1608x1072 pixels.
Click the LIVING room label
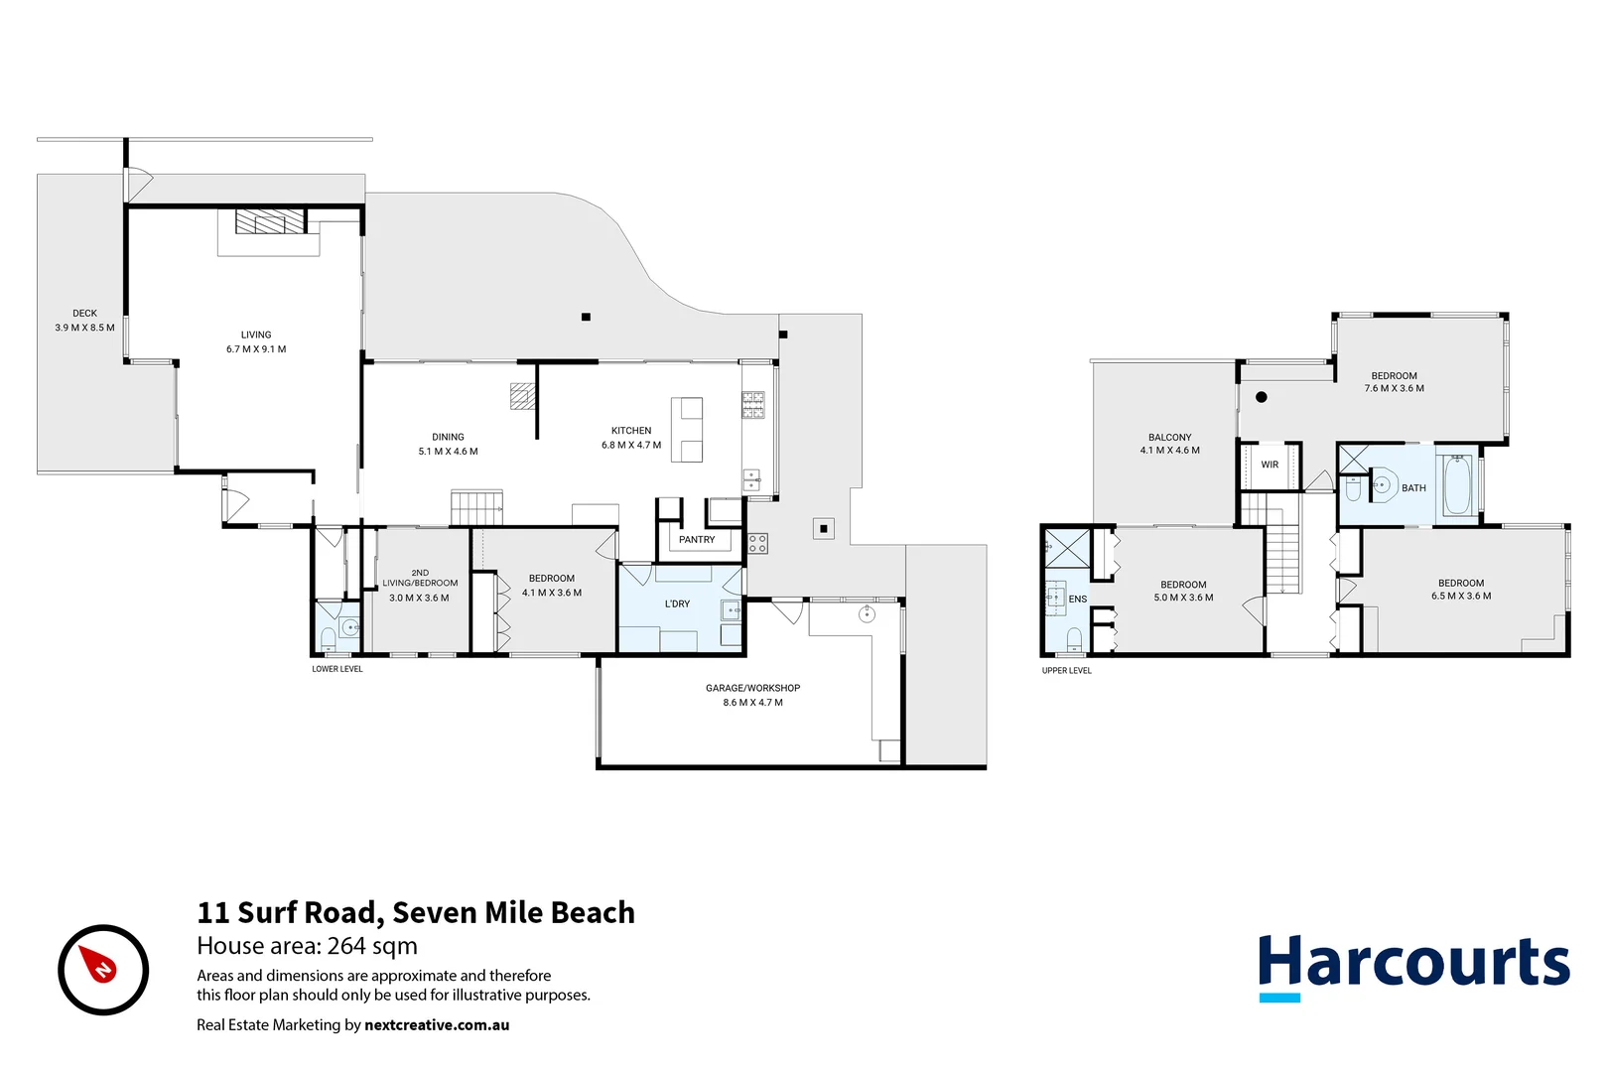pyautogui.click(x=255, y=335)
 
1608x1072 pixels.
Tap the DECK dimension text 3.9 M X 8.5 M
pyautogui.click(x=84, y=328)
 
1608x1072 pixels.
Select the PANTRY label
pyautogui.click(x=697, y=540)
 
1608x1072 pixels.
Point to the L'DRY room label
pyautogui.click(x=677, y=603)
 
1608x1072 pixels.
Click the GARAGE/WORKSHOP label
pyautogui.click(x=752, y=688)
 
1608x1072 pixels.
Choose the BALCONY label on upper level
pyautogui.click(x=1169, y=437)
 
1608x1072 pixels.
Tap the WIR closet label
pyautogui.click(x=1270, y=465)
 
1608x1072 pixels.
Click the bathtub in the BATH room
pyautogui.click(x=1457, y=485)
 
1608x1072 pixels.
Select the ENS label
pyautogui.click(x=1077, y=600)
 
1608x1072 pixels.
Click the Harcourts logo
pyautogui.click(x=1413, y=965)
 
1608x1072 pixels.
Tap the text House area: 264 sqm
pyautogui.click(x=307, y=946)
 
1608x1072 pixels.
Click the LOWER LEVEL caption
pyautogui.click(x=337, y=669)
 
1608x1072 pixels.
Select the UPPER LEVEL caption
pyautogui.click(x=1066, y=671)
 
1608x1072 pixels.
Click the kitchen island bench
pyautogui.click(x=687, y=430)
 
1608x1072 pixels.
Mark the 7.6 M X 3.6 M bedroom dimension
pyautogui.click(x=1394, y=389)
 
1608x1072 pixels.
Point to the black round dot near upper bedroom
pyautogui.click(x=1262, y=397)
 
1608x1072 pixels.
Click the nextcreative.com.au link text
pyautogui.click(x=437, y=1025)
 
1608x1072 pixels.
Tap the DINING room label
pyautogui.click(x=448, y=437)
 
